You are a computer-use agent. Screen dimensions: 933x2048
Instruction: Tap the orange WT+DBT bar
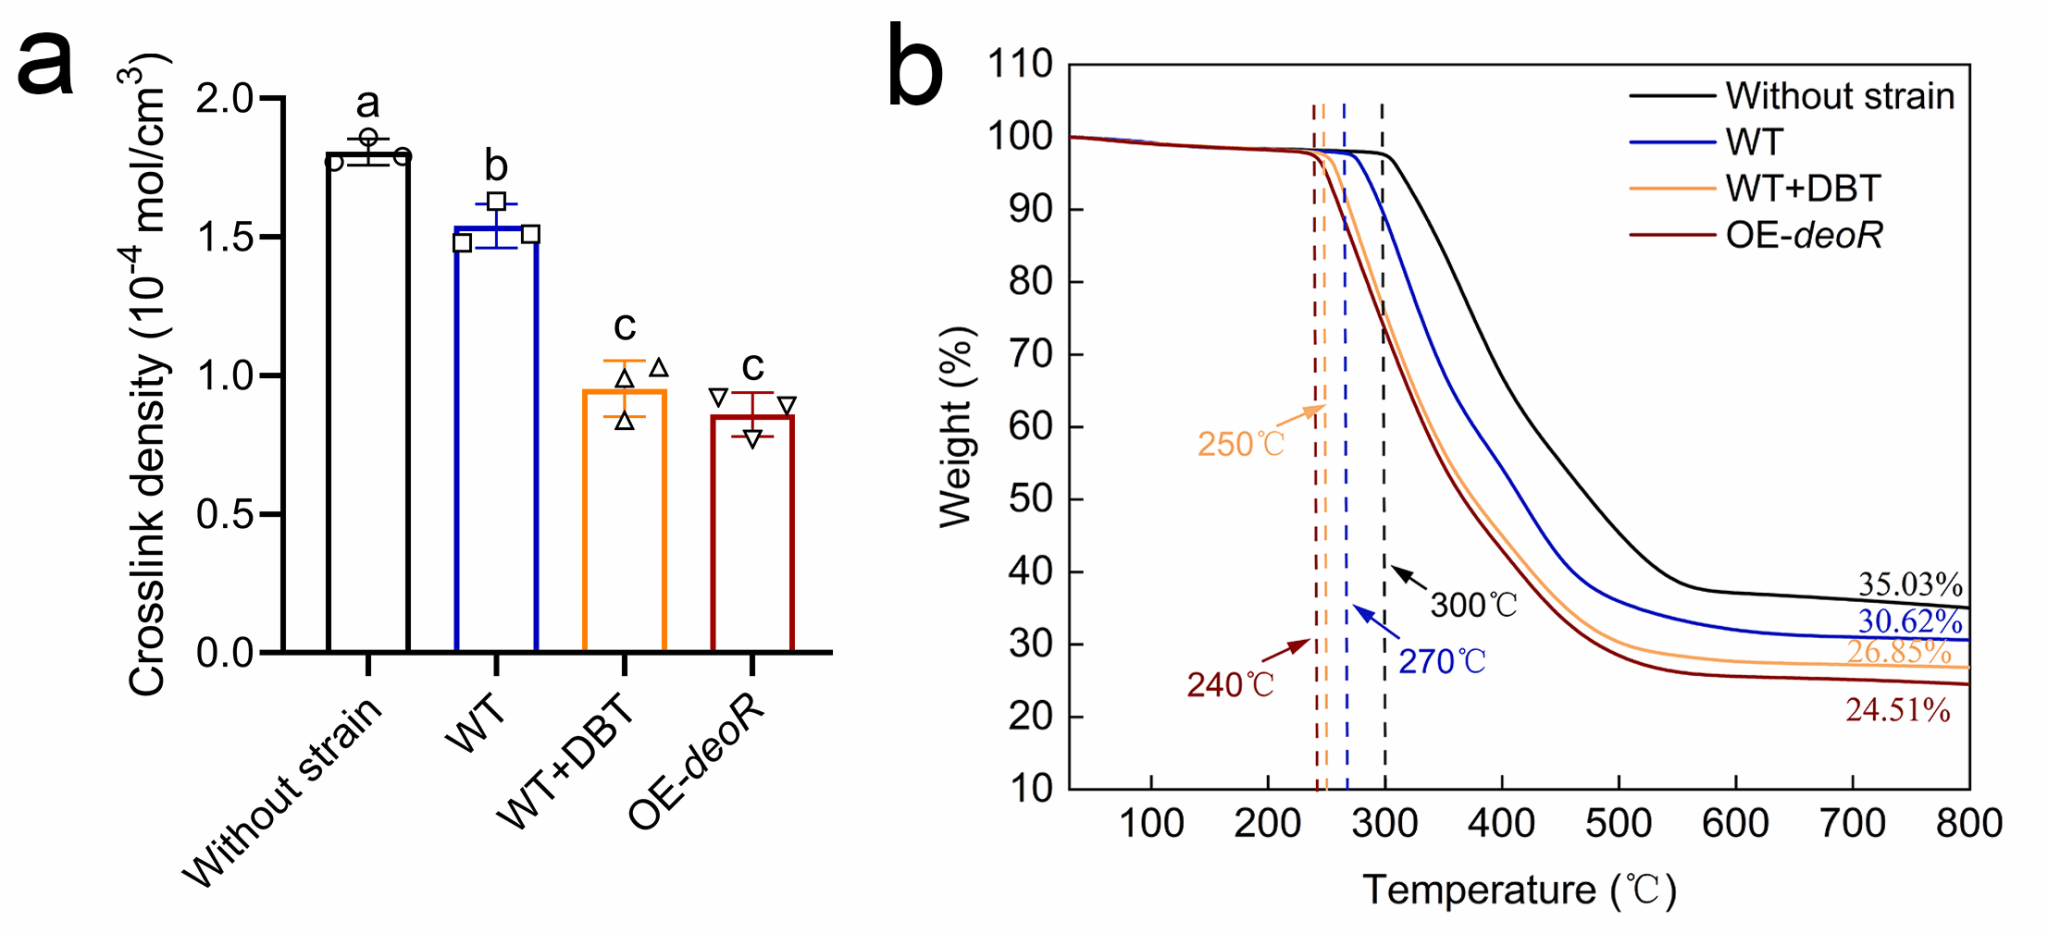click(x=624, y=520)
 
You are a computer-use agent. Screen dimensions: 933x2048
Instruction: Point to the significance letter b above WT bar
click(x=496, y=166)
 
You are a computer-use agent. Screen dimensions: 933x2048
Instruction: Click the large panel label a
click(x=46, y=62)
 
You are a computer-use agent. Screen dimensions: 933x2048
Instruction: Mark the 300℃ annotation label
click(x=1473, y=605)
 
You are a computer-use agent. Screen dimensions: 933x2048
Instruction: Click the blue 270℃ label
click(x=1441, y=661)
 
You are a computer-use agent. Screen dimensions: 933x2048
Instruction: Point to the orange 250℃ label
click(x=1241, y=444)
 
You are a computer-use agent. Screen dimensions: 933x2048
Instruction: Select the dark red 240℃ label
click(x=1230, y=685)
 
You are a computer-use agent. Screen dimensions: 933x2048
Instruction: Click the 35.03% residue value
click(x=1909, y=584)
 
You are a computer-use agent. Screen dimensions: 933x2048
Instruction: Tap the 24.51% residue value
click(x=1897, y=710)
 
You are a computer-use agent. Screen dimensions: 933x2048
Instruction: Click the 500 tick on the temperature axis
click(x=1617, y=824)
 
